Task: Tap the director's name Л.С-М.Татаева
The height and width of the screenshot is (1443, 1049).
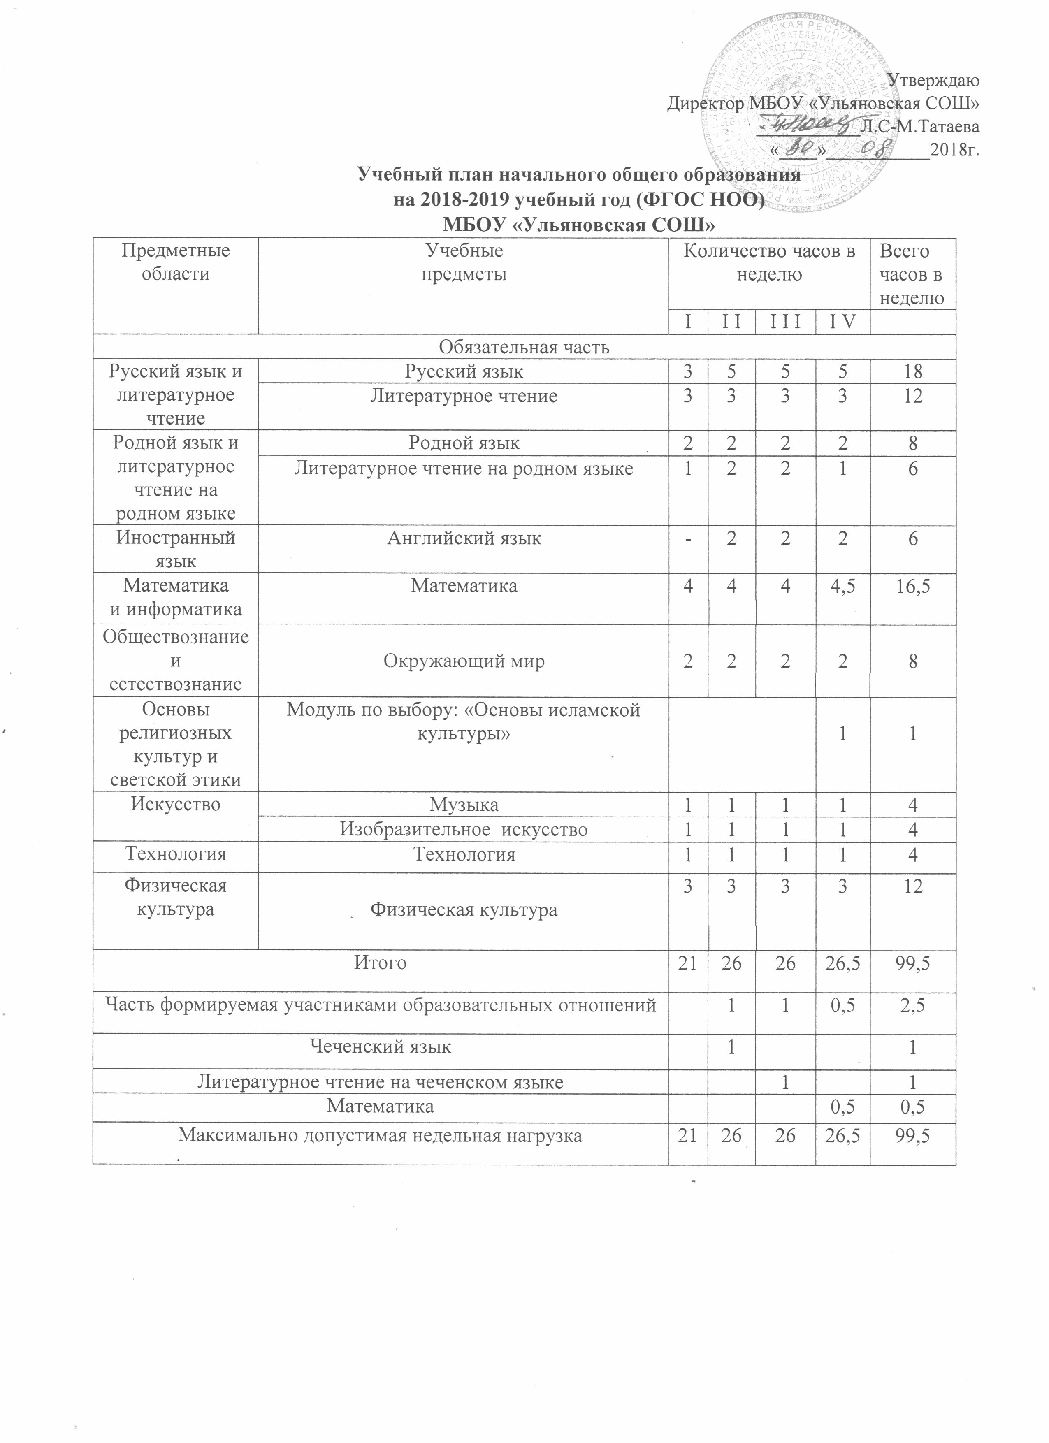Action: (919, 126)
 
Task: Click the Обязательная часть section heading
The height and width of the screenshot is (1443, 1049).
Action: (524, 348)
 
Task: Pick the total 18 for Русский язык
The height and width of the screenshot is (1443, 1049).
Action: (913, 371)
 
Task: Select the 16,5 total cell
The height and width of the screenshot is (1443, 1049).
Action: (913, 586)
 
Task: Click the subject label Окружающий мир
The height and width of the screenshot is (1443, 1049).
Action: (464, 662)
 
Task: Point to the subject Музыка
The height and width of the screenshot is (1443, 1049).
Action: (464, 805)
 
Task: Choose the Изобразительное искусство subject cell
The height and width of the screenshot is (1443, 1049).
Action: (464, 830)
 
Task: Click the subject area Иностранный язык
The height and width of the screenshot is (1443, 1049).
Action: (176, 550)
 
